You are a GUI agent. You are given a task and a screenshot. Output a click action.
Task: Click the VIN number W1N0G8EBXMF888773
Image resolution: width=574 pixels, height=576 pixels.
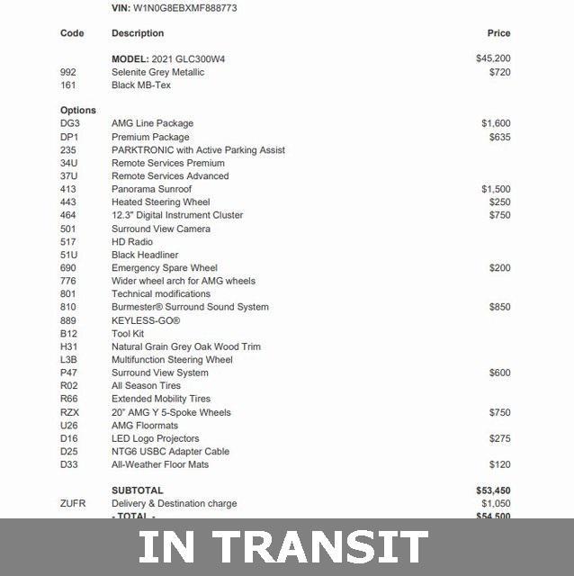click(x=186, y=8)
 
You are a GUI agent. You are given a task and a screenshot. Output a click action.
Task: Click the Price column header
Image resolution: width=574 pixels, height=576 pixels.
click(x=498, y=33)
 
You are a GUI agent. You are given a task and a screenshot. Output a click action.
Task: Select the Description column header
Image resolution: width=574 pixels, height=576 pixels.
click(x=138, y=33)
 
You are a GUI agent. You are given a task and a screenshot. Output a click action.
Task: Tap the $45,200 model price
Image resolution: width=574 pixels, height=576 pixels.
click(x=493, y=58)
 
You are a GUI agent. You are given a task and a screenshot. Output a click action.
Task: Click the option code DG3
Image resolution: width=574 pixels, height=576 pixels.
click(x=70, y=123)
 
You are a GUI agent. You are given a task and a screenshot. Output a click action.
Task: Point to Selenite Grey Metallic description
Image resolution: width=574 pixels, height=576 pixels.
click(x=157, y=72)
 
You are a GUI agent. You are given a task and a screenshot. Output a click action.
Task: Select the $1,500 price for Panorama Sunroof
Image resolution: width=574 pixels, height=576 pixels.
click(x=496, y=189)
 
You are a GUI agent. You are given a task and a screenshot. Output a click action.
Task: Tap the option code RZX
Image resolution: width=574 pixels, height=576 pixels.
click(x=70, y=412)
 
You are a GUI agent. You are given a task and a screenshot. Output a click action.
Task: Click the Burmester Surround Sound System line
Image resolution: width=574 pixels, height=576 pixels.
click(x=190, y=307)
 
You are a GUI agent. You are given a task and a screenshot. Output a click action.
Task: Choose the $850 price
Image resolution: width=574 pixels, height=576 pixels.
click(x=499, y=307)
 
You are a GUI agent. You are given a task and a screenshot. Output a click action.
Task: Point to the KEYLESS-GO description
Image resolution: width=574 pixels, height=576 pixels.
click(x=146, y=320)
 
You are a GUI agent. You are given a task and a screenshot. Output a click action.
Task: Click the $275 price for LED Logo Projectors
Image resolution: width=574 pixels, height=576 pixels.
click(x=499, y=438)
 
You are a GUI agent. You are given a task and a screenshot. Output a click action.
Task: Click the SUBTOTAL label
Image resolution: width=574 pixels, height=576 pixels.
click(x=138, y=490)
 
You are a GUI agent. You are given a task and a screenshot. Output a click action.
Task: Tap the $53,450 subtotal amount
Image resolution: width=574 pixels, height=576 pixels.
click(x=492, y=490)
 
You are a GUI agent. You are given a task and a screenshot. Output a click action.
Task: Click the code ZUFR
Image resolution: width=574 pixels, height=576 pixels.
click(x=73, y=504)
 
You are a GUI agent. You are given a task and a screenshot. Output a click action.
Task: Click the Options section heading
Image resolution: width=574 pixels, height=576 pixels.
click(x=78, y=111)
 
